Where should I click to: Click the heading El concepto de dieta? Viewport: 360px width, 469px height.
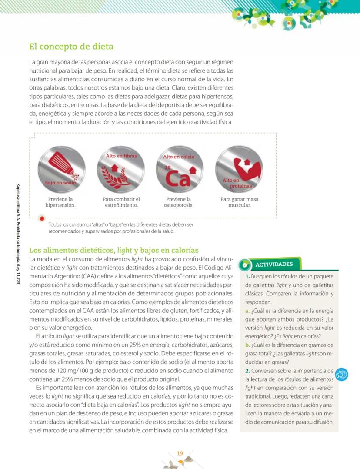coord(71,46)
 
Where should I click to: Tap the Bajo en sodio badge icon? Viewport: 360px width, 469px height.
coord(60,168)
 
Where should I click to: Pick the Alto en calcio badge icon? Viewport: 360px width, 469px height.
coord(179,168)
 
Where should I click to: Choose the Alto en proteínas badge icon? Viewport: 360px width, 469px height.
coord(239,168)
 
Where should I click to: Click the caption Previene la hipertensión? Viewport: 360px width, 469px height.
coord(60,202)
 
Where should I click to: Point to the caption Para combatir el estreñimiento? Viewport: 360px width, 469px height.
coord(121,202)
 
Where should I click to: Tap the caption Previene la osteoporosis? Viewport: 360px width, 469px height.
coord(179,202)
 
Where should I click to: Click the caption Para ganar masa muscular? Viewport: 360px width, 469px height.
coord(239,202)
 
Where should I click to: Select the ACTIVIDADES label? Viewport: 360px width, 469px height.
coord(274,264)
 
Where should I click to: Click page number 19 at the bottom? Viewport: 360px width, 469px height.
coord(180,454)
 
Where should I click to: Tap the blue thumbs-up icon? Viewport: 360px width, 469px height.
coord(341,374)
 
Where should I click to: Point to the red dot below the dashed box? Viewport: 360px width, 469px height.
coord(42,218)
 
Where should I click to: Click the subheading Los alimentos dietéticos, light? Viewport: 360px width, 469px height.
coord(113,250)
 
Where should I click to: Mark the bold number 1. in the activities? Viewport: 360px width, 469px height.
coord(247,276)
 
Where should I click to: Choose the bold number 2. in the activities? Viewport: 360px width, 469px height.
coord(247,371)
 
